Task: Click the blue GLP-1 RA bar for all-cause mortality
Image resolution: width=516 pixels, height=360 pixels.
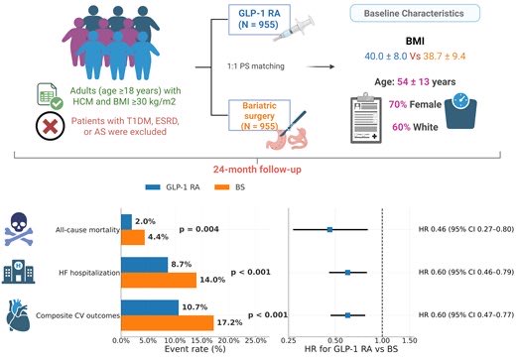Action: point(126,221)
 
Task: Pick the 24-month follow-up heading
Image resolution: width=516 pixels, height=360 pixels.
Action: point(259,170)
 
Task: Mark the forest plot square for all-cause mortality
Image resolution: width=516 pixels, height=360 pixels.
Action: point(330,228)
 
